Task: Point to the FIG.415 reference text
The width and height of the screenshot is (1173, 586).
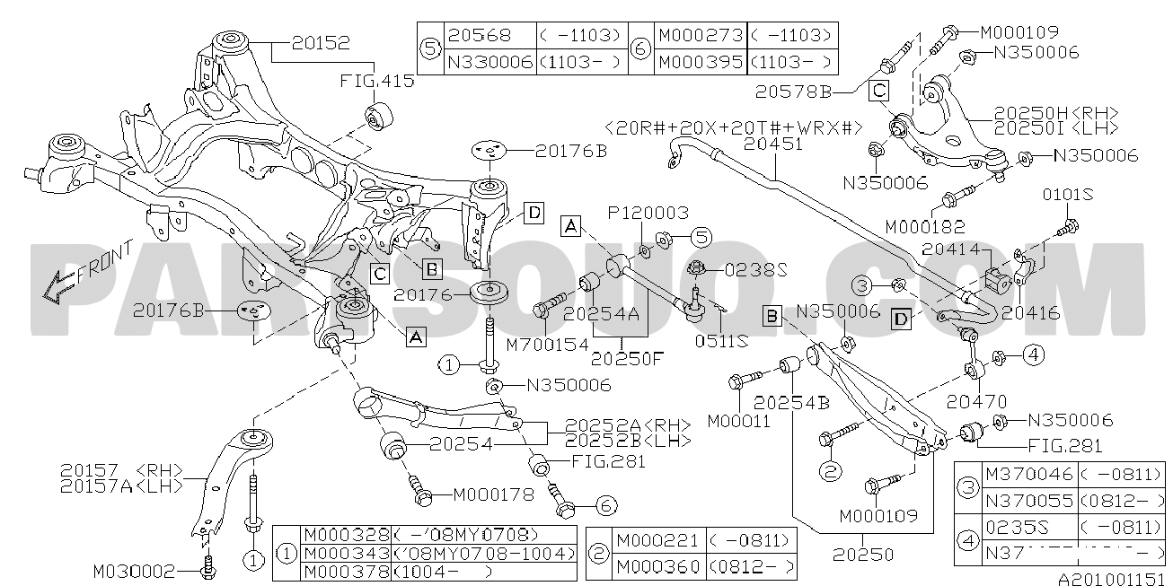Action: [377, 81]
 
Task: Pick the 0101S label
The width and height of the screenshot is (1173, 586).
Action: [1066, 194]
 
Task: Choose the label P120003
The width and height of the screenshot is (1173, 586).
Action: [648, 214]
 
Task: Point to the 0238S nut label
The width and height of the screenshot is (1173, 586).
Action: [756, 267]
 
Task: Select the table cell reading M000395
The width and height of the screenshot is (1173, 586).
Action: [701, 62]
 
